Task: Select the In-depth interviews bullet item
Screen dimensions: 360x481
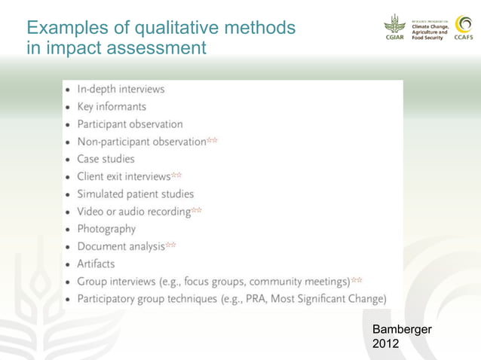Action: tap(121, 89)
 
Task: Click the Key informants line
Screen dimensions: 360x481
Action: tap(112, 107)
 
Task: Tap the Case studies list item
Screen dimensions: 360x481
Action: tap(106, 159)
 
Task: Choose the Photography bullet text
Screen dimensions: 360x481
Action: tap(106, 228)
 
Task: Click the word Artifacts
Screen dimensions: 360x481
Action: tap(96, 264)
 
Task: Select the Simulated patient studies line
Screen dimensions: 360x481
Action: tap(135, 194)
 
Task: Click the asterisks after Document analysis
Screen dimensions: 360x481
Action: tap(171, 245)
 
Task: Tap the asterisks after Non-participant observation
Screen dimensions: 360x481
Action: tap(213, 141)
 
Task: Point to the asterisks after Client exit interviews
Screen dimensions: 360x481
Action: tap(176, 175)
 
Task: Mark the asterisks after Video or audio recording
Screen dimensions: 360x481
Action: tap(197, 211)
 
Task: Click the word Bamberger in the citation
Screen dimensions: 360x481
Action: tap(402, 330)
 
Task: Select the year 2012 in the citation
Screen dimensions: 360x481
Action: tap(387, 344)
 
